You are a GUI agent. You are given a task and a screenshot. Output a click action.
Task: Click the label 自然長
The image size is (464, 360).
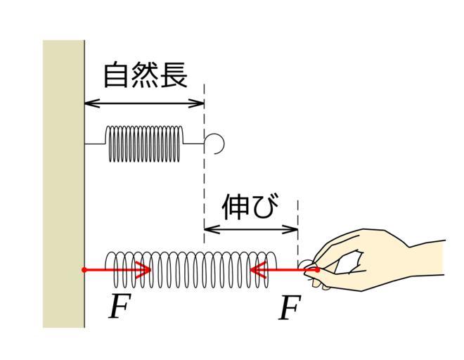pos(146,75)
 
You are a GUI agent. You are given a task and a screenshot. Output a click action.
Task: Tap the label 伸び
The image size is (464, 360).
pos(250,206)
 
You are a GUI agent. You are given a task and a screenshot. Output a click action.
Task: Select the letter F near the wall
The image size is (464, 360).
pos(120,306)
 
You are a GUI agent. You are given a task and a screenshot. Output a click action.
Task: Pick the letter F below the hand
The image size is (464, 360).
pos(290,307)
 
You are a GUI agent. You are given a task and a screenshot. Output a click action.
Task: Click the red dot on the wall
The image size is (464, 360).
pos(84,270)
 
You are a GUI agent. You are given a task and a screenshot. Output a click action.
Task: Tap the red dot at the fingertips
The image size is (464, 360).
pos(317,270)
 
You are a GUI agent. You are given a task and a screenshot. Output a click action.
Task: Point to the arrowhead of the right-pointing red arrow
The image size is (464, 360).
pos(144,270)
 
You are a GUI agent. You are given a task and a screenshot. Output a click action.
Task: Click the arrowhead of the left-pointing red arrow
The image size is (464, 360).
pos(257,270)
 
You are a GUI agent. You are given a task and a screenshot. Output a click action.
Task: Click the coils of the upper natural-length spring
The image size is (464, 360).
pos(144,144)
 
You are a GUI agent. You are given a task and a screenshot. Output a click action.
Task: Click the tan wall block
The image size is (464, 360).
pos(63,184)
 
